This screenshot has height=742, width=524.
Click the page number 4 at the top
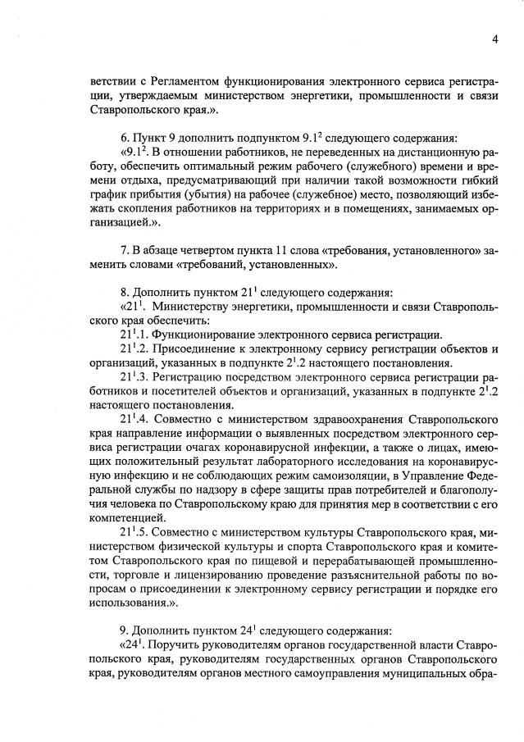coord(495,39)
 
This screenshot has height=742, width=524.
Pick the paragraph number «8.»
coord(125,292)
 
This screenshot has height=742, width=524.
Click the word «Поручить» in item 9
coord(175,644)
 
